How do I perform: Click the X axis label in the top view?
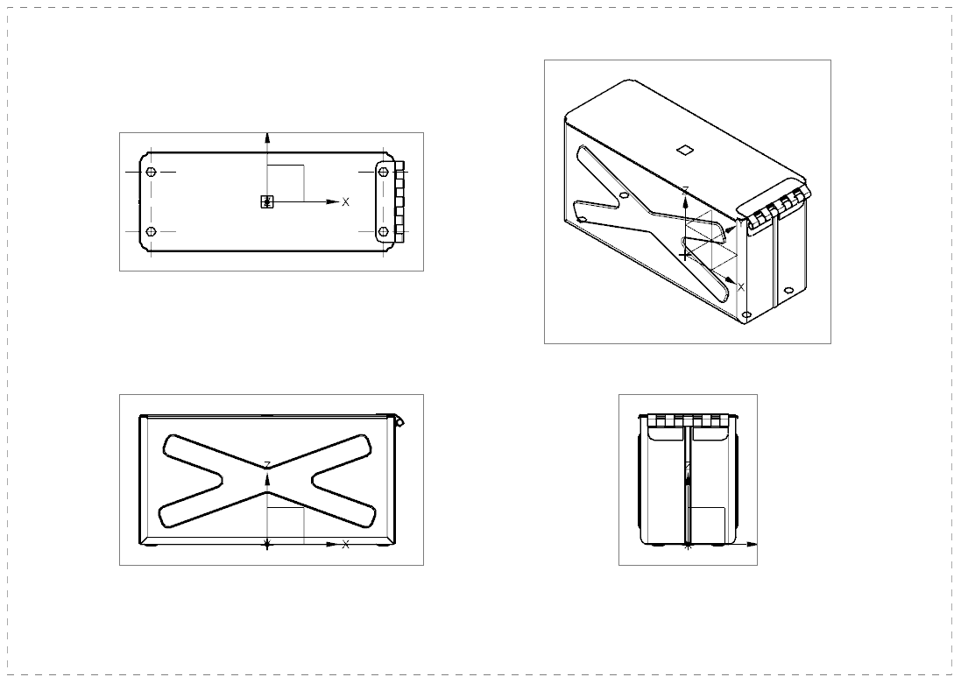(345, 202)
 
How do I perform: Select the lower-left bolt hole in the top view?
(152, 231)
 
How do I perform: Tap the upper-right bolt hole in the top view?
(383, 172)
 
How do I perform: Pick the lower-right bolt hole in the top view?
(383, 231)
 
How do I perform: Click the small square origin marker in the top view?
(267, 201)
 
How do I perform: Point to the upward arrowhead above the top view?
(267, 138)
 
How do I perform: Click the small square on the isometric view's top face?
(686, 149)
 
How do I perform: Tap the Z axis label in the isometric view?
(685, 190)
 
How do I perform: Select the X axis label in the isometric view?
(740, 286)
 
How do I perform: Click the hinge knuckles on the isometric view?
(775, 207)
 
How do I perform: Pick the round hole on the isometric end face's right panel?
(788, 289)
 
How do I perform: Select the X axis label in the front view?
(345, 545)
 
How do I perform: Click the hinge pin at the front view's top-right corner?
(399, 421)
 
